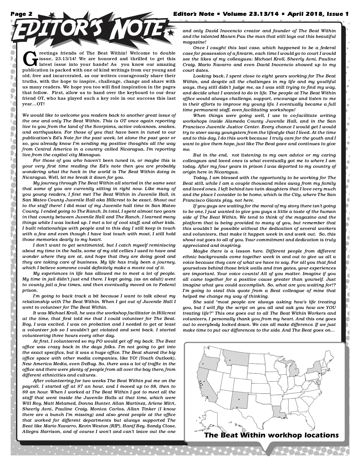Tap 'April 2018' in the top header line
click(x=305, y=14)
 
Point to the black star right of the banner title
click(x=170, y=34)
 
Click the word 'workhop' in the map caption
click(x=284, y=435)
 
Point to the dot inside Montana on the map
click(x=230, y=360)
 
